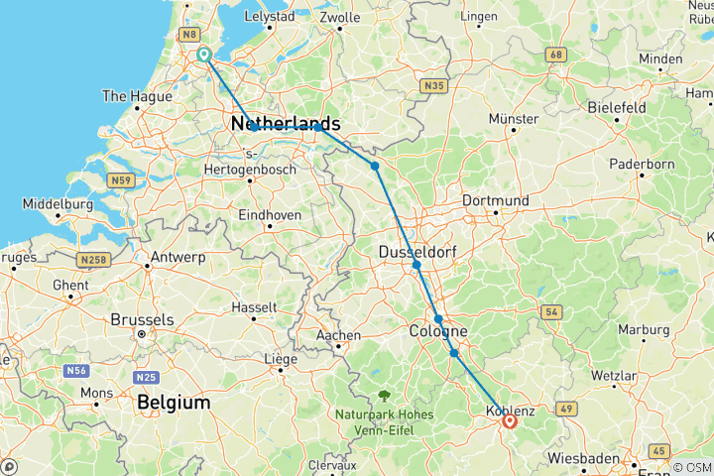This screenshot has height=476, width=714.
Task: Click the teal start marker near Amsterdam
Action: point(204,55)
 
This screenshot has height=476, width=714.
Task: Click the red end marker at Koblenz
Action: point(509,420)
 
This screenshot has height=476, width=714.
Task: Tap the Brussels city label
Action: point(142,320)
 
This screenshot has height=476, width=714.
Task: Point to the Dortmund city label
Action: point(495,200)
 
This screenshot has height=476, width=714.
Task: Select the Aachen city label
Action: point(337,335)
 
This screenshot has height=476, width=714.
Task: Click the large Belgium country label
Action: point(175,403)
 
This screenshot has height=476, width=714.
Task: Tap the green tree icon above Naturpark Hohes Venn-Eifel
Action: point(381,394)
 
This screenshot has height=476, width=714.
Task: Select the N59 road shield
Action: point(122,180)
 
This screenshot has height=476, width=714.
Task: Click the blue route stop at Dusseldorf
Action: point(416,265)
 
